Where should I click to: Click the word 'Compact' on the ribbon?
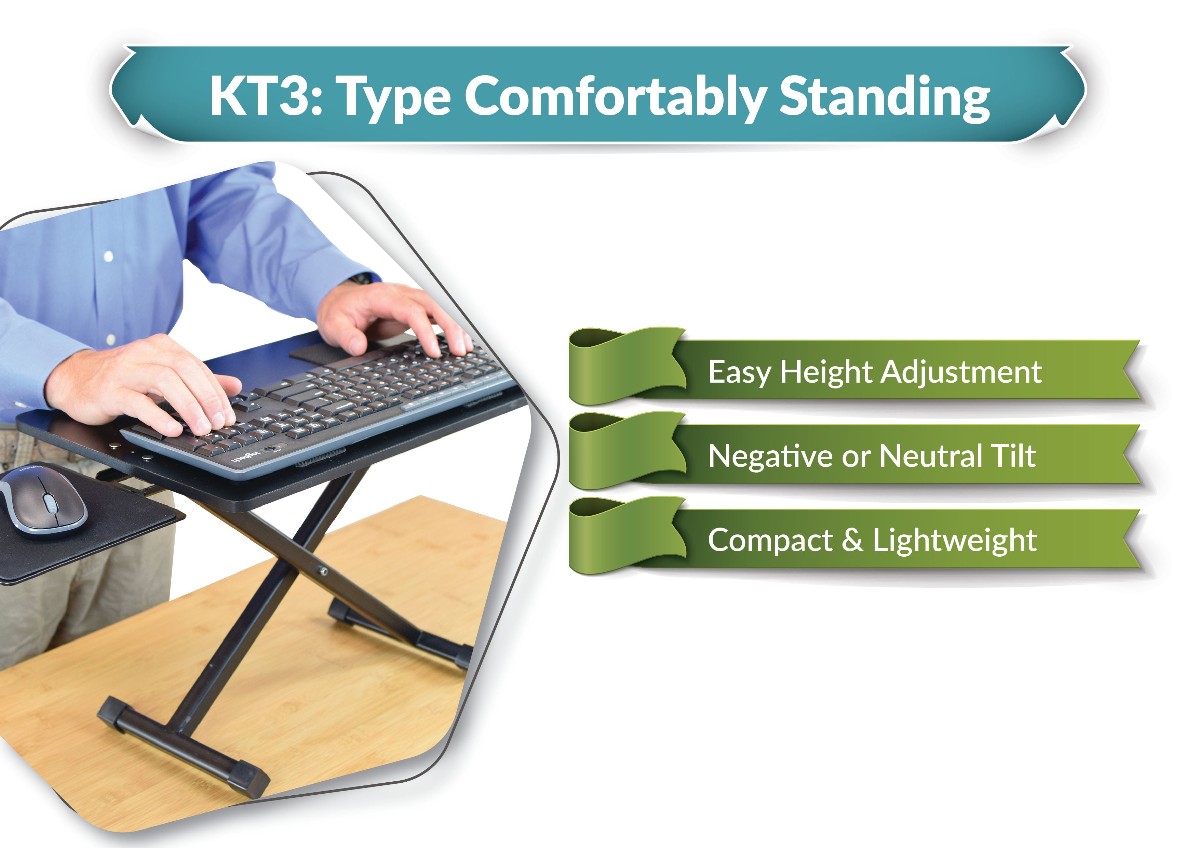[x=770, y=540]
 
